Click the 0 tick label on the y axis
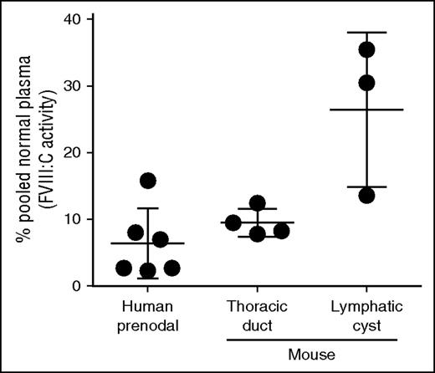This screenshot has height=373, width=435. coord(72,286)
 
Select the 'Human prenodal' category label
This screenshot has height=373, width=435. coord(147,315)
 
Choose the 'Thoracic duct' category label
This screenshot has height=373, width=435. coord(258,315)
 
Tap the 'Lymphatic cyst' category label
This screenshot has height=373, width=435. coord(366,315)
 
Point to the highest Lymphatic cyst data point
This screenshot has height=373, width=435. coord(366,49)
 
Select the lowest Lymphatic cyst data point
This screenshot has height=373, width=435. coord(366,195)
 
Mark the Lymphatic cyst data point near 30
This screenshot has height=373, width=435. coord(366,83)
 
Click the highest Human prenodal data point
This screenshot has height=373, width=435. coord(148,181)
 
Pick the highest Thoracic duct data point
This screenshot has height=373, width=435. coord(258,203)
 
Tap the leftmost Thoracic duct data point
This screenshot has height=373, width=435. coord(233,222)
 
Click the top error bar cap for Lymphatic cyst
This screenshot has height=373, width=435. coord(366,33)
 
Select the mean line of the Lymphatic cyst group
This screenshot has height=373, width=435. coord(366,110)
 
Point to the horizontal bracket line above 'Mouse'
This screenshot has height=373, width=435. coord(312,341)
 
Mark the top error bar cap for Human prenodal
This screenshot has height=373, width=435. coord(148,208)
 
